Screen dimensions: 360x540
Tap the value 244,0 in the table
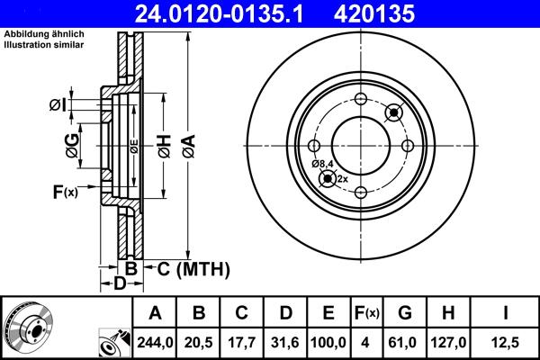coord(155,341)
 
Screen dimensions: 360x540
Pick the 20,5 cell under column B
coord(201,341)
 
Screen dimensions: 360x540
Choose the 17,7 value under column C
coord(242,341)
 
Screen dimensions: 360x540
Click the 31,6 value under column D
coord(284,341)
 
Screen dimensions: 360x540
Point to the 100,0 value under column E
coord(328,341)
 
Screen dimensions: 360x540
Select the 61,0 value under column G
coord(405,341)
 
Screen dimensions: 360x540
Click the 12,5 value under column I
coord(508,341)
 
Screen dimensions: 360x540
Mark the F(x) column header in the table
coord(367,313)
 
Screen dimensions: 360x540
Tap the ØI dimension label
coord(58,106)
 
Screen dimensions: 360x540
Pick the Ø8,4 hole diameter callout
coord(323,163)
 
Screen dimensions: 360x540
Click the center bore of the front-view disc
coord(359,145)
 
